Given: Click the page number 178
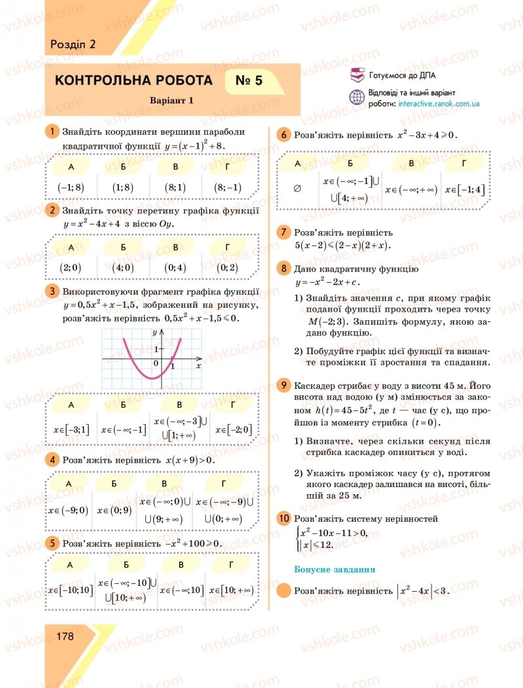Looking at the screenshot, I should [65, 636].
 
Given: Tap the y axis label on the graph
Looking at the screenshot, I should [154, 333].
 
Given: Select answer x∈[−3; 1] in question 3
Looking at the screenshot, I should [71, 429].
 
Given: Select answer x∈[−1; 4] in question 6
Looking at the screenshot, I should [465, 189].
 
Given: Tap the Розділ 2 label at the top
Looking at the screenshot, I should [73, 45].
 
